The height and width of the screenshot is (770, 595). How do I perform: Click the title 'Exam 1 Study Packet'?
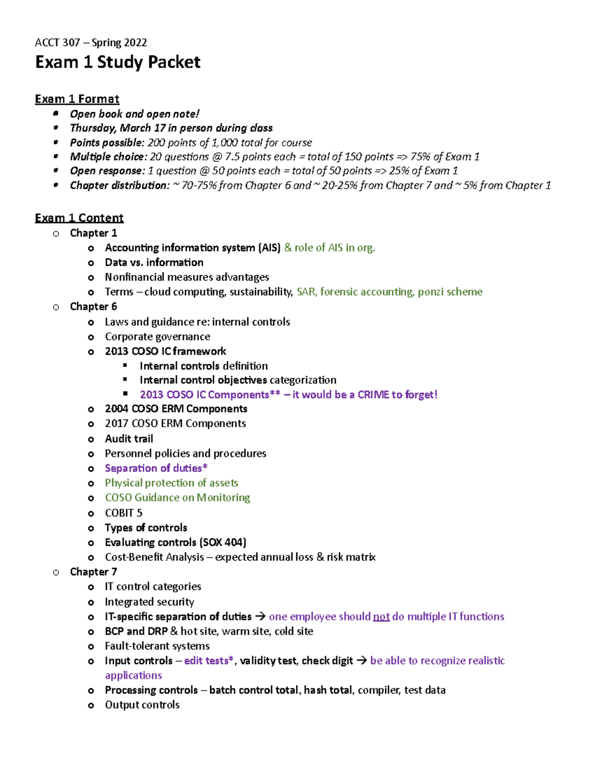(x=118, y=62)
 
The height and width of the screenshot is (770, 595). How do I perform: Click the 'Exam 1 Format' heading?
(x=77, y=99)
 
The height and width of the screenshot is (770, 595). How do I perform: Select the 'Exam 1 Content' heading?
(x=79, y=218)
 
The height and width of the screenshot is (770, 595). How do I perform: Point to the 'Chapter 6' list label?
(x=93, y=307)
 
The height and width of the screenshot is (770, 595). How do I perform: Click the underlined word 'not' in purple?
(x=381, y=617)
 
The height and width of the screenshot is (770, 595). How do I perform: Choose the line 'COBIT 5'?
(x=123, y=513)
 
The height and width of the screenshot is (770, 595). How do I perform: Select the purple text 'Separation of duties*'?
(x=156, y=469)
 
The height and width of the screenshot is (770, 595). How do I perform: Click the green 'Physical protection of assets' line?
(x=171, y=483)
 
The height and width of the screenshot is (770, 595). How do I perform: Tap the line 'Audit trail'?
(x=129, y=439)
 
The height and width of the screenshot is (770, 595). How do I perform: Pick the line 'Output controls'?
(x=142, y=705)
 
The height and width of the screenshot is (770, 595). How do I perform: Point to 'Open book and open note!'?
(x=134, y=114)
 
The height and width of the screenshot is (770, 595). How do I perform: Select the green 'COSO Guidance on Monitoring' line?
(x=177, y=498)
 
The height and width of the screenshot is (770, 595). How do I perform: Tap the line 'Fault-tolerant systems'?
(x=157, y=646)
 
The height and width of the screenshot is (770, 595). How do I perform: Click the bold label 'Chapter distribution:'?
(x=119, y=185)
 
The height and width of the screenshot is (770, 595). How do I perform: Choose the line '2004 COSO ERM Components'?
(x=176, y=409)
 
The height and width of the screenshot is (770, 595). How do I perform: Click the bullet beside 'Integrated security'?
(x=91, y=602)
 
